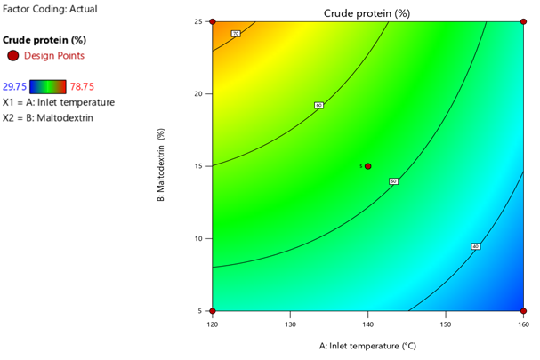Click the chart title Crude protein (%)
click(367, 13)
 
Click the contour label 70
click(236, 34)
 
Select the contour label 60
click(318, 106)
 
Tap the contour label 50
click(393, 181)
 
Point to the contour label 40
click(476, 246)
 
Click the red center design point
click(368, 166)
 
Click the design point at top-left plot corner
click(213, 21)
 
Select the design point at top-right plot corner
click(523, 21)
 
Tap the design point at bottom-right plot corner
click(523, 311)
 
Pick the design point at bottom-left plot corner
click(213, 311)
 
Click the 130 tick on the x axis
click(290, 324)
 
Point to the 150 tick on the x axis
click(446, 324)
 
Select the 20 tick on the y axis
click(201, 93)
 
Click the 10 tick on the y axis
click(201, 238)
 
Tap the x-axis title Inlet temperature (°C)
click(367, 345)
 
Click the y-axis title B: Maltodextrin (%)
click(162, 166)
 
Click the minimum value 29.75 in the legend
click(14, 86)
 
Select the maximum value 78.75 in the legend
click(82, 86)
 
